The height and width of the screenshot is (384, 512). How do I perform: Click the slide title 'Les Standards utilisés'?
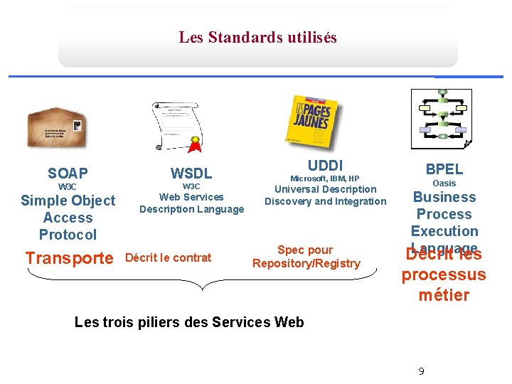point(257,37)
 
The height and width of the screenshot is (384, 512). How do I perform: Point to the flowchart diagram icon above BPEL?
point(441,119)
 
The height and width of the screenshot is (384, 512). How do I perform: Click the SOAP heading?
point(68,173)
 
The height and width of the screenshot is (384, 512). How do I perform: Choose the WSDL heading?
point(191,173)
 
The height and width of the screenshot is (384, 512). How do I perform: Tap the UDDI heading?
point(325,165)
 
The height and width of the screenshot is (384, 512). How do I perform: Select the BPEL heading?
point(444,169)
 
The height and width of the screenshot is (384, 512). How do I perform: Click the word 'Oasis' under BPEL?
point(444,183)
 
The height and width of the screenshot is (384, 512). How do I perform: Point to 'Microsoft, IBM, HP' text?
point(325,178)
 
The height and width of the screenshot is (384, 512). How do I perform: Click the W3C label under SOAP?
point(68,186)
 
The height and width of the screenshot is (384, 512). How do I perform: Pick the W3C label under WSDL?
point(191,186)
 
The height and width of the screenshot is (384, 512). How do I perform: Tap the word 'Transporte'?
point(69,258)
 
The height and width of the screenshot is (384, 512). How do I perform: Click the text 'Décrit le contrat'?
point(168,257)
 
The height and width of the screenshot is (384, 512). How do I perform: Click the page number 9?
point(421,371)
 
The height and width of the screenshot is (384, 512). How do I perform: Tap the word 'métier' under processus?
point(444,294)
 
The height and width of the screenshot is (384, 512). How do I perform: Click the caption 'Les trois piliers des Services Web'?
point(189,322)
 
